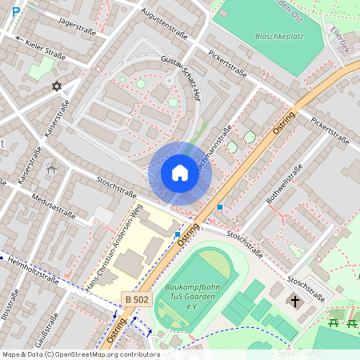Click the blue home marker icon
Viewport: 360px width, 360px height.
coord(180,173)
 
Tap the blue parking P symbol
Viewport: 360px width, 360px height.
coord(15,12)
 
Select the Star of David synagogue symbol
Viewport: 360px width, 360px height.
coord(57,86)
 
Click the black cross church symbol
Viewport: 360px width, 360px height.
coord(295,302)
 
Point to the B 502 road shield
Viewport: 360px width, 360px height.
coord(138,298)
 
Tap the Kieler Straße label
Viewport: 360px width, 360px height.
coord(45,50)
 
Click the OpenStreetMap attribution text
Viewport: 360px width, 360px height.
coord(80,354)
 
